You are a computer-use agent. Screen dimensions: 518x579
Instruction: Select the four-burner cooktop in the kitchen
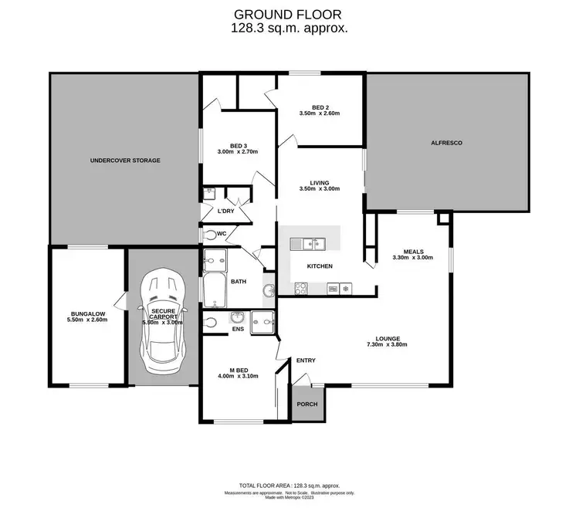point(302,289)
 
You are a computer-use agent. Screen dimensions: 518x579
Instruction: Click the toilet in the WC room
point(212,233)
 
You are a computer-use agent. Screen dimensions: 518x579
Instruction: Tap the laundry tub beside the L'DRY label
point(208,193)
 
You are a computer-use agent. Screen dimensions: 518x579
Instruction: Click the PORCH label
point(307,404)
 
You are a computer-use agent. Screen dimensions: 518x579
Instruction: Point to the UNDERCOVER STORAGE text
point(125,161)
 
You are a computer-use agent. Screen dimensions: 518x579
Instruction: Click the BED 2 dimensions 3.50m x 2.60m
point(320,113)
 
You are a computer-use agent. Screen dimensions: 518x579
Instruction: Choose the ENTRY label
point(306,361)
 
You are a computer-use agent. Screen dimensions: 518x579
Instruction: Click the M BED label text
point(236,368)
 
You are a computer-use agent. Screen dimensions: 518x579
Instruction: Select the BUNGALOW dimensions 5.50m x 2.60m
point(86,319)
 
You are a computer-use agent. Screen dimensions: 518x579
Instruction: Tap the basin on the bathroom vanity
point(268,291)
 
